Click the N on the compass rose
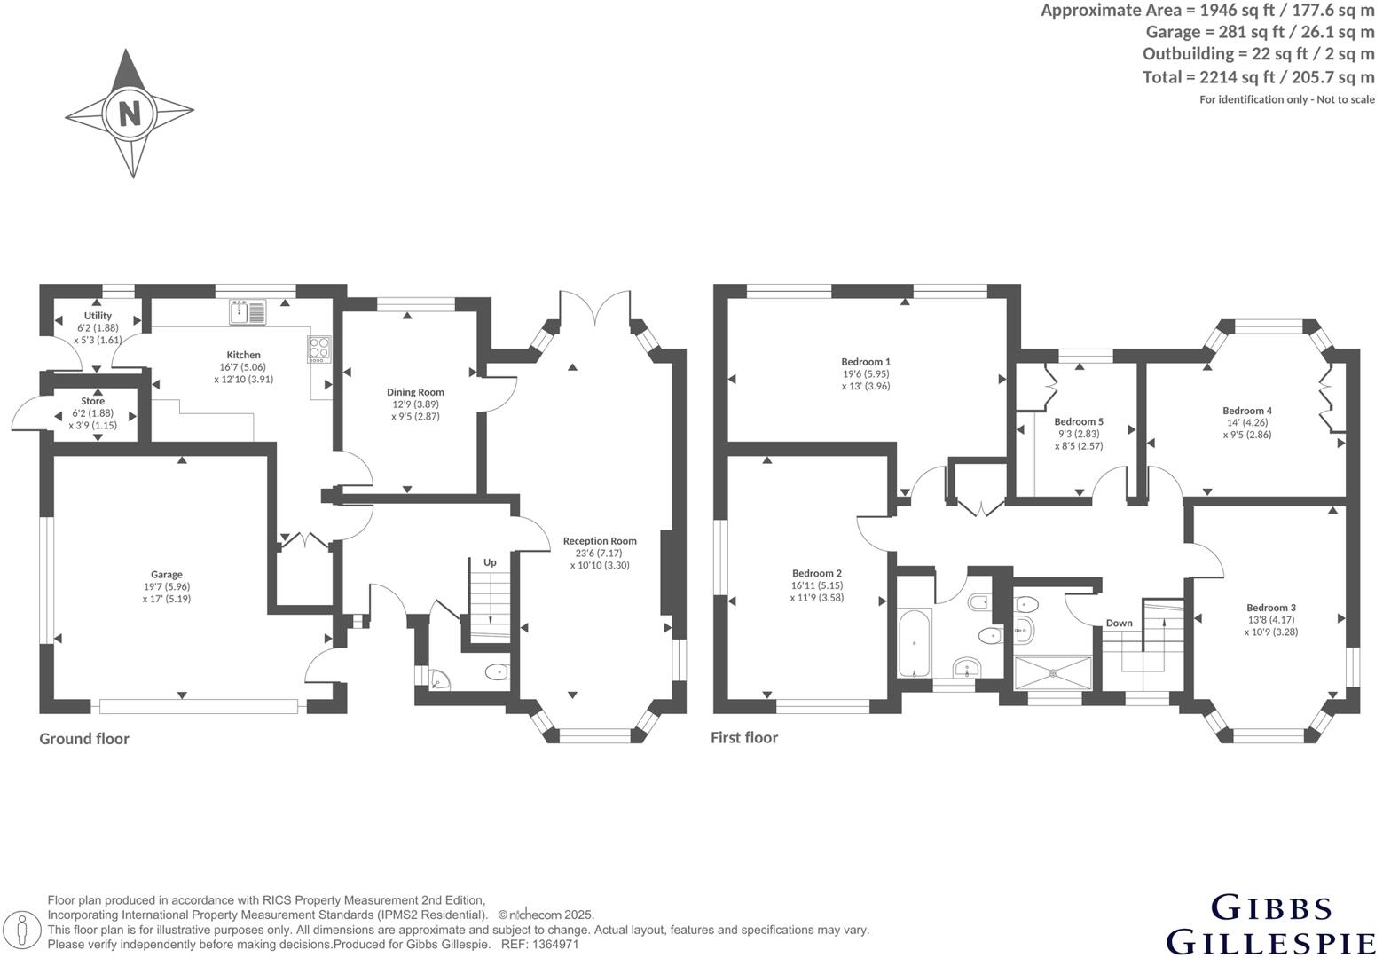[130, 114]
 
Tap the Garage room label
[166, 575]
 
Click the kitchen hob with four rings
[318, 349]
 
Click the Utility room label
[98, 316]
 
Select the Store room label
[92, 401]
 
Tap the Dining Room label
[415, 392]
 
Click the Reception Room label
[600, 541]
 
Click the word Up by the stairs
[490, 562]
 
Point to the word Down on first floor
[1119, 623]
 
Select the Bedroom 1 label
[865, 362]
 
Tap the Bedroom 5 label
[1079, 422]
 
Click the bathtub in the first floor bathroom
[914, 642]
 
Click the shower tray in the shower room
[1053, 672]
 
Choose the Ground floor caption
[84, 739]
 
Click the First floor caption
[743, 738]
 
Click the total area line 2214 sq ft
[1258, 77]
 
